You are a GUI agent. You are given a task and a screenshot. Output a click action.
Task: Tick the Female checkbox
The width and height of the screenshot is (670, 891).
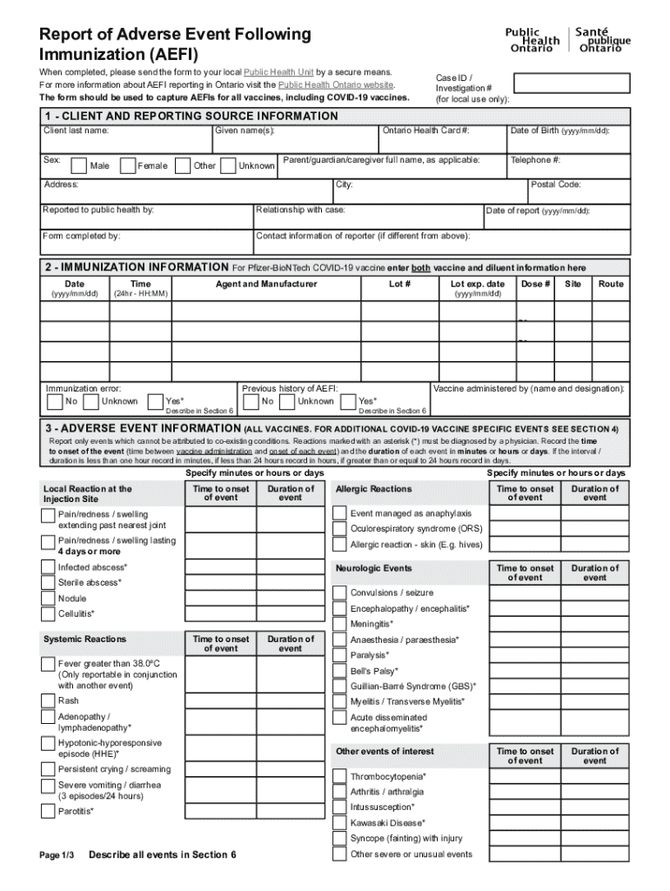pos(127,165)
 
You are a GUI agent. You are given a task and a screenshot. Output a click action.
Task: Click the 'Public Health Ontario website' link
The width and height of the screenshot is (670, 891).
pos(336,85)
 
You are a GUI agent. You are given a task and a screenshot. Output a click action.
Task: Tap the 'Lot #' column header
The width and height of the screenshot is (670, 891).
pos(399,285)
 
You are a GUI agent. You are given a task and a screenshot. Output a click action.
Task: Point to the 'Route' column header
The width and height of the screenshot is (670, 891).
pos(611,285)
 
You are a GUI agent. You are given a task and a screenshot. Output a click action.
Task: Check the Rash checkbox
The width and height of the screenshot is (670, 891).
pos(48,701)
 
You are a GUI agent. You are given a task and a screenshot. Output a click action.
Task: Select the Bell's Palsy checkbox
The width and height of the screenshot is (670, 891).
pos(339,672)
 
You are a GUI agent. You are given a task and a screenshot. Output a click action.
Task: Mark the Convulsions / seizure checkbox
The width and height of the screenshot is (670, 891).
pos(339,593)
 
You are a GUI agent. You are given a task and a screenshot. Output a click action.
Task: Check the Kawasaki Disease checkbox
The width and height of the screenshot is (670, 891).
pos(339,822)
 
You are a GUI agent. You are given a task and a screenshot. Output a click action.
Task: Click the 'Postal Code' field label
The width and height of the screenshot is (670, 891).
pos(555,184)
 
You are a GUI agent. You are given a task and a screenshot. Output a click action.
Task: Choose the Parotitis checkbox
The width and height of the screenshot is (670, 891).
pos(48,812)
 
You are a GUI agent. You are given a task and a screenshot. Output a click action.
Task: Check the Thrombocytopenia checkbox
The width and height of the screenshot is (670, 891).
pos(339,776)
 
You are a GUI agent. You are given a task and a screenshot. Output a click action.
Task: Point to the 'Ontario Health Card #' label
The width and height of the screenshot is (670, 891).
pos(426,131)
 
